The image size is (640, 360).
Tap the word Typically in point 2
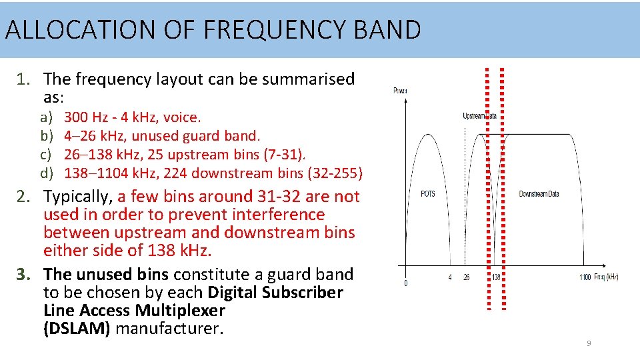pyautogui.click(x=78, y=197)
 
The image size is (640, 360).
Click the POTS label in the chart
pyautogui.click(x=428, y=194)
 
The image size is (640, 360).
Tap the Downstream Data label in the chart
pyautogui.click(x=539, y=194)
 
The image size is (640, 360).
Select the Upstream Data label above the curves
pyautogui.click(x=480, y=116)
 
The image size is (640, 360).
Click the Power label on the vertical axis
pyautogui.click(x=401, y=91)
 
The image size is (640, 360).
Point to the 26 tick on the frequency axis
pyautogui.click(x=466, y=277)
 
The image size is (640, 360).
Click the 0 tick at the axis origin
pyautogui.click(x=406, y=283)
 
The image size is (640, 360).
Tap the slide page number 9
pyautogui.click(x=589, y=343)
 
